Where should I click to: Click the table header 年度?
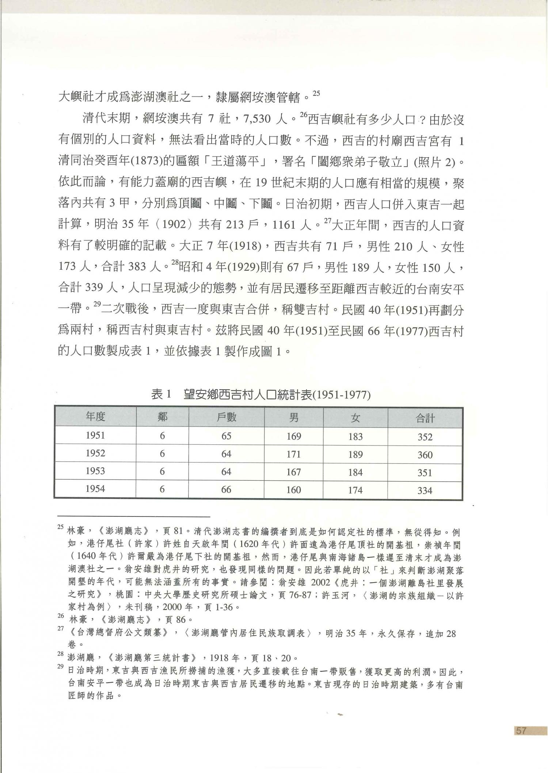(x=95, y=417)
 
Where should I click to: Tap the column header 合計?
(x=425, y=418)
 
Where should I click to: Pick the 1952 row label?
(x=95, y=453)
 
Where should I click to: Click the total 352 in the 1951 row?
(x=425, y=437)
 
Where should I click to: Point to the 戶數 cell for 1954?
(x=226, y=489)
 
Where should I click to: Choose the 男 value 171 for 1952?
(x=293, y=454)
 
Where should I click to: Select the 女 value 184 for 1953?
(x=355, y=472)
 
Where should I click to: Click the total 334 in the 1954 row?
(x=425, y=490)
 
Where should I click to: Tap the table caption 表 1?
(x=161, y=395)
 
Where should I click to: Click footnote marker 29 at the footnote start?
(x=61, y=667)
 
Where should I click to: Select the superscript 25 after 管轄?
(x=316, y=93)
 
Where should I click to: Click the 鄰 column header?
(x=162, y=417)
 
